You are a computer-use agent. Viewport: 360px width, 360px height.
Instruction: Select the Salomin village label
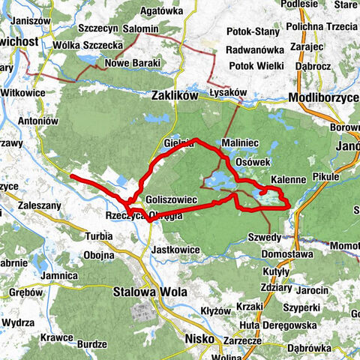click(140, 28)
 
